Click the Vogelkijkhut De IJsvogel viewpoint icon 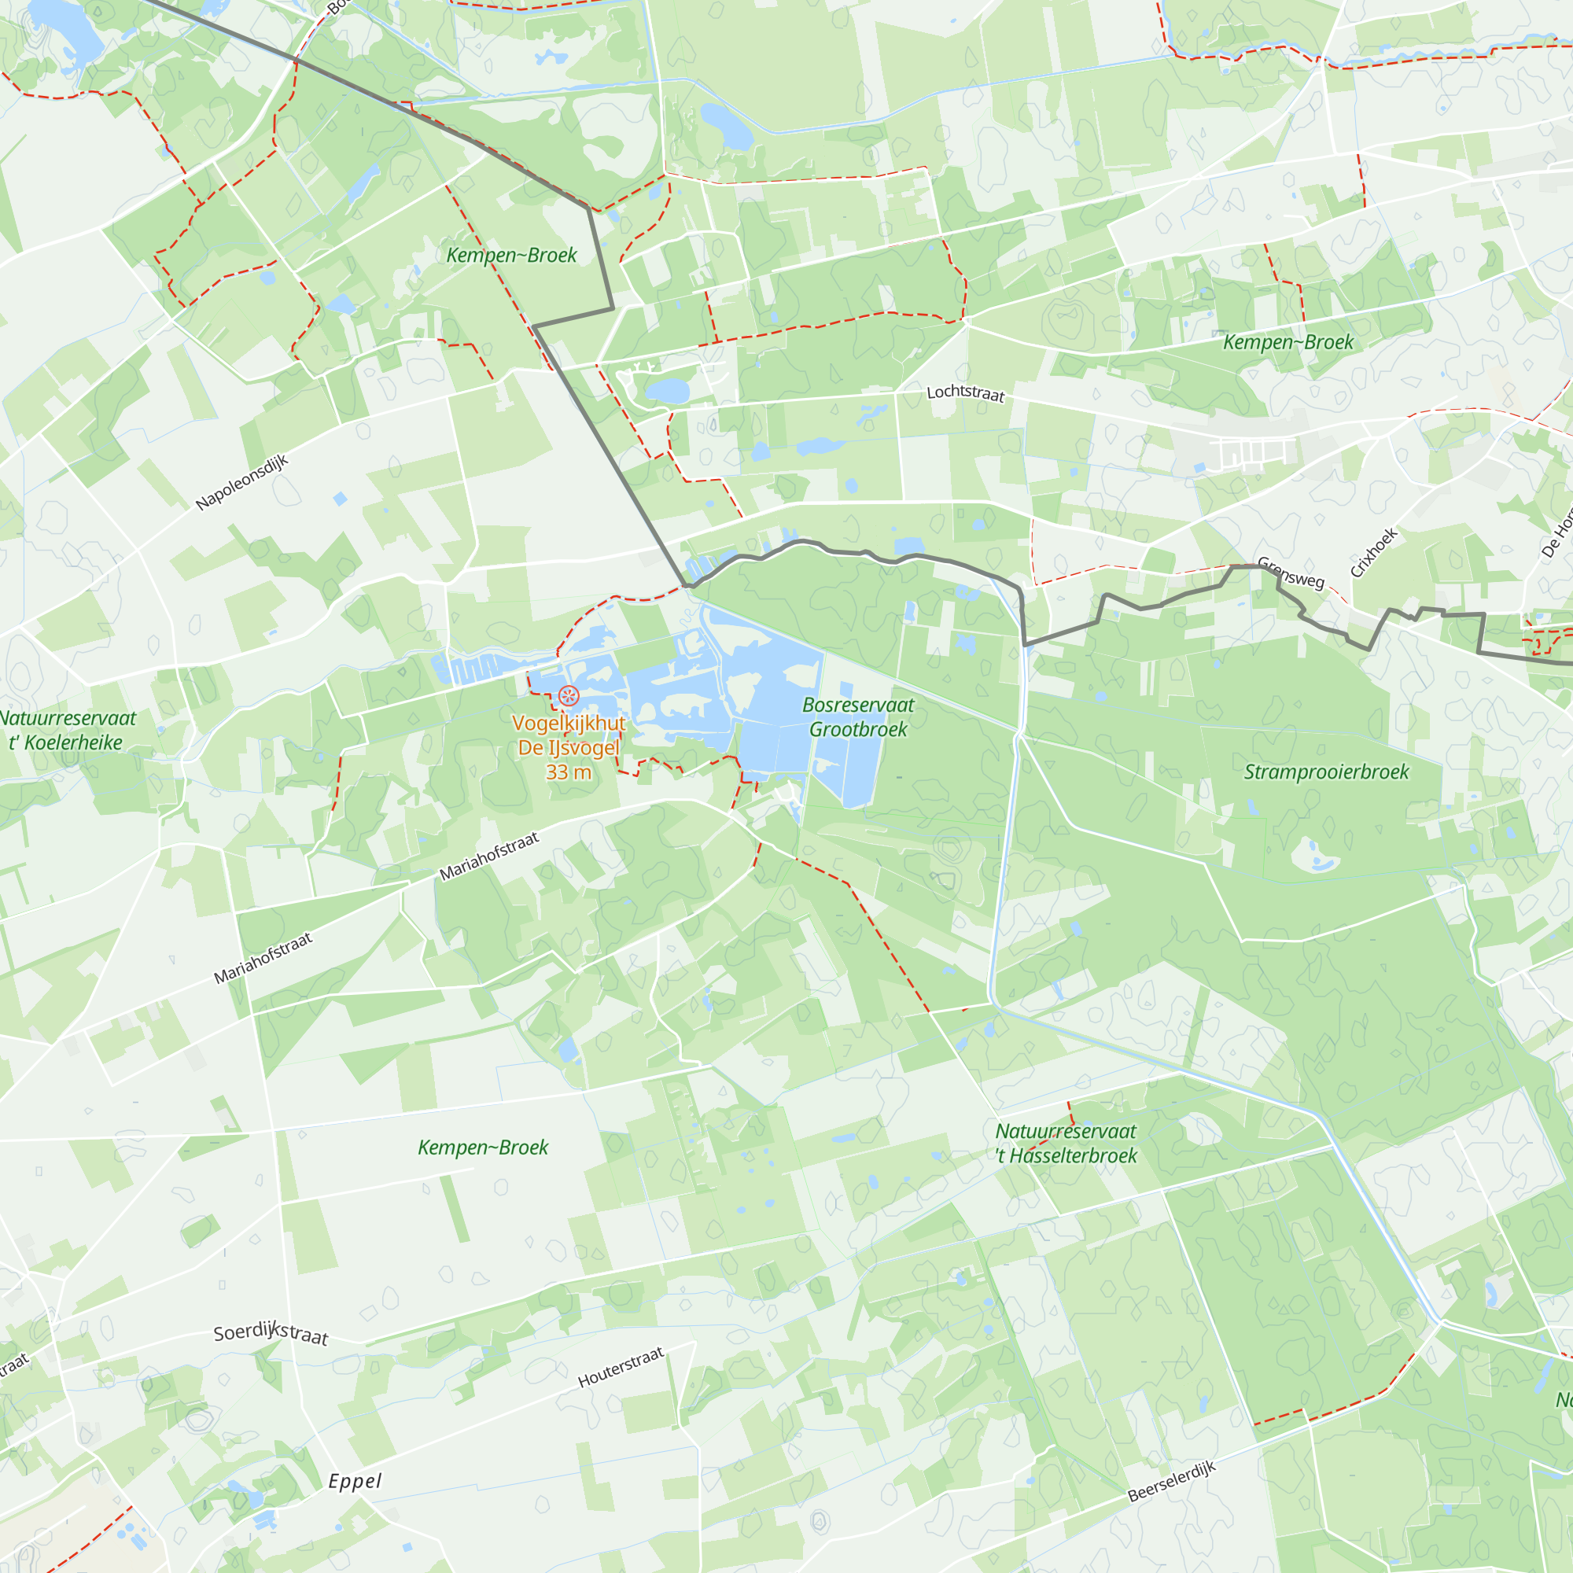click(x=569, y=695)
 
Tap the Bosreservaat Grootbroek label click(x=858, y=717)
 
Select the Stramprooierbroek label click(x=1325, y=772)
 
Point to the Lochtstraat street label click(x=966, y=393)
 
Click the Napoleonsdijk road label click(x=242, y=483)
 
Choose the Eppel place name click(x=355, y=1481)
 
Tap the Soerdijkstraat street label click(x=271, y=1334)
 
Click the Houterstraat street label click(x=621, y=1367)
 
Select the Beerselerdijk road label click(x=1172, y=1481)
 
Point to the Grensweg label click(x=1291, y=572)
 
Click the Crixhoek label click(x=1374, y=552)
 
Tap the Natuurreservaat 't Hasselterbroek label click(x=1066, y=1143)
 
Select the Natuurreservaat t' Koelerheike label click(x=68, y=731)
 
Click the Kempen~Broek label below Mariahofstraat click(x=483, y=1148)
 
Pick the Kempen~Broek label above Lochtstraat click(x=1288, y=342)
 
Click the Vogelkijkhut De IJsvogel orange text click(x=569, y=735)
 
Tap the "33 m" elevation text click(x=569, y=772)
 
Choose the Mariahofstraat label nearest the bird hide click(x=489, y=856)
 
